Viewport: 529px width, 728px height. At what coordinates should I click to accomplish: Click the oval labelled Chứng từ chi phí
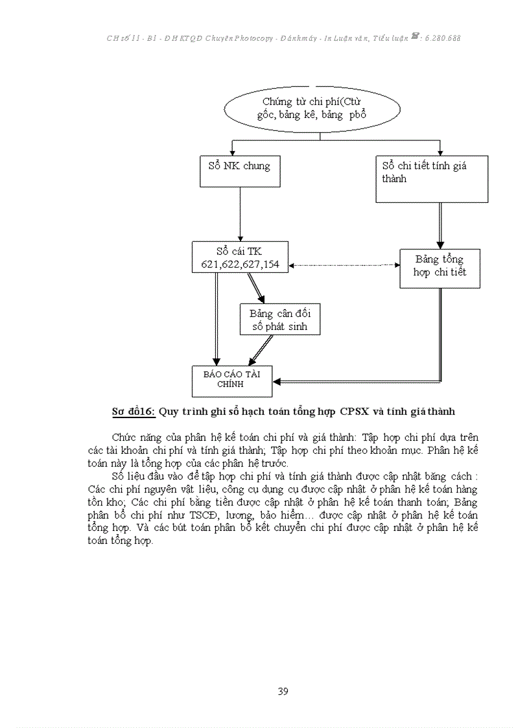312,108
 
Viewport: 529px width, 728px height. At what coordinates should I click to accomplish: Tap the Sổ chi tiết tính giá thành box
432,179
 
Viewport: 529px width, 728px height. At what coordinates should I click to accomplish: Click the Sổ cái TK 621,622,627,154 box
241,257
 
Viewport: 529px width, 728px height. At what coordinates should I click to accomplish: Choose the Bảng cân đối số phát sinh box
280,319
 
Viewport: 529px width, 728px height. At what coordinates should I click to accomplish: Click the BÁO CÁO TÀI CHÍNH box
231,381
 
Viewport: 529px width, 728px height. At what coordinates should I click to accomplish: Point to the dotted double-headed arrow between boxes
344,265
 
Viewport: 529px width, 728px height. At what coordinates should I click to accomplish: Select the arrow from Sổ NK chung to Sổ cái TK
241,214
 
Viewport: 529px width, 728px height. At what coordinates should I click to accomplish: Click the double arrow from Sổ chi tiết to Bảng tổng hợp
441,225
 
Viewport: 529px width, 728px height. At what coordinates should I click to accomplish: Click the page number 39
283,691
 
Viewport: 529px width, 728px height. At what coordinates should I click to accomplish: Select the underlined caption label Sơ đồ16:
134,411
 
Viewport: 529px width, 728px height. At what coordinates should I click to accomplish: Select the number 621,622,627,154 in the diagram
241,265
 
